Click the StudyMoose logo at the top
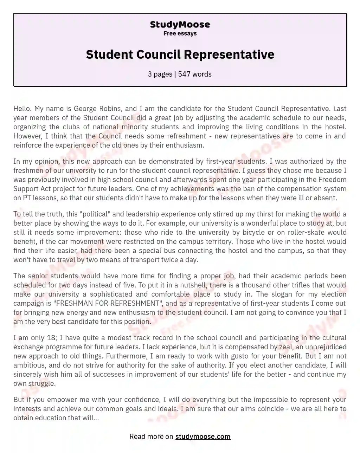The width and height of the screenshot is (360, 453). coord(180,25)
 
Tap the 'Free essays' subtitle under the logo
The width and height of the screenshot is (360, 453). coord(180,33)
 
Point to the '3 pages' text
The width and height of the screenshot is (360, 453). coord(160,74)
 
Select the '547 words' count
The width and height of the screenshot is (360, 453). coord(195,74)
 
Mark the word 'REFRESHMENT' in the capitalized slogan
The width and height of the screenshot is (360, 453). coord(135,303)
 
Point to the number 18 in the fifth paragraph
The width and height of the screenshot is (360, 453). coord(51,338)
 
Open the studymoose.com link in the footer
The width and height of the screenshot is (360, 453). coord(203,436)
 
